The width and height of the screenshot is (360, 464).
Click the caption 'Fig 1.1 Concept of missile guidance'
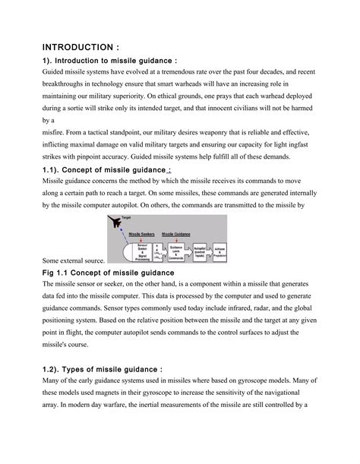tap(109, 272)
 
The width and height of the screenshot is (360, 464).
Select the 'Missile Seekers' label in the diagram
tap(142, 234)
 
